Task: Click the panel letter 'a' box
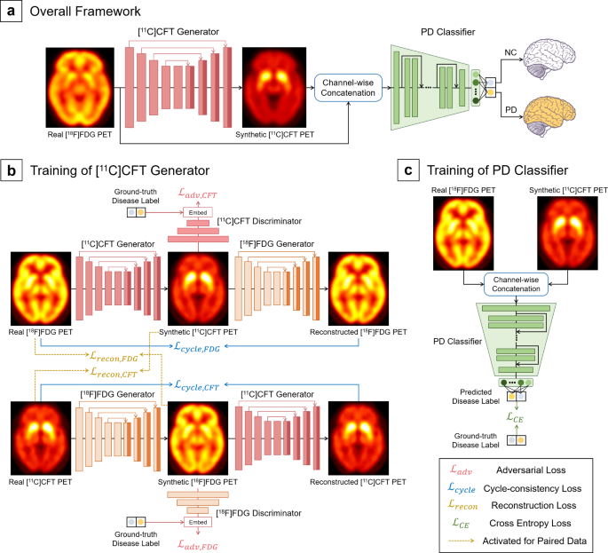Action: (11, 11)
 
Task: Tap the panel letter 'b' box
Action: (12, 170)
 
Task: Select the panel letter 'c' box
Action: (408, 170)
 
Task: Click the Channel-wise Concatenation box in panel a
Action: (348, 88)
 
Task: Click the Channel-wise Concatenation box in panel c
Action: (516, 284)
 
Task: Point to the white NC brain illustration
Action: (549, 59)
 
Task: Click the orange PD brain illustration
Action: (549, 115)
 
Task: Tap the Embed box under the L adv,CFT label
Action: (198, 212)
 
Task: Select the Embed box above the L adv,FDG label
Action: (198, 522)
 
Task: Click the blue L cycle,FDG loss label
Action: (197, 346)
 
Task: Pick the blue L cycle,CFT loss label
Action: (197, 385)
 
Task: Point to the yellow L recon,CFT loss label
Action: (114, 372)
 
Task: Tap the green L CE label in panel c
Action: (516, 418)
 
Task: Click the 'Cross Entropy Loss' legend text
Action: (530, 523)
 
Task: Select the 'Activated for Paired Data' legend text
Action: (534, 541)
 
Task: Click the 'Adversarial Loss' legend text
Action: (531, 470)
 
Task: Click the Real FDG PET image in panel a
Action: (80, 88)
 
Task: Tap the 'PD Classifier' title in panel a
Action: (448, 32)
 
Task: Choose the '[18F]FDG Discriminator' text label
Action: (258, 513)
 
